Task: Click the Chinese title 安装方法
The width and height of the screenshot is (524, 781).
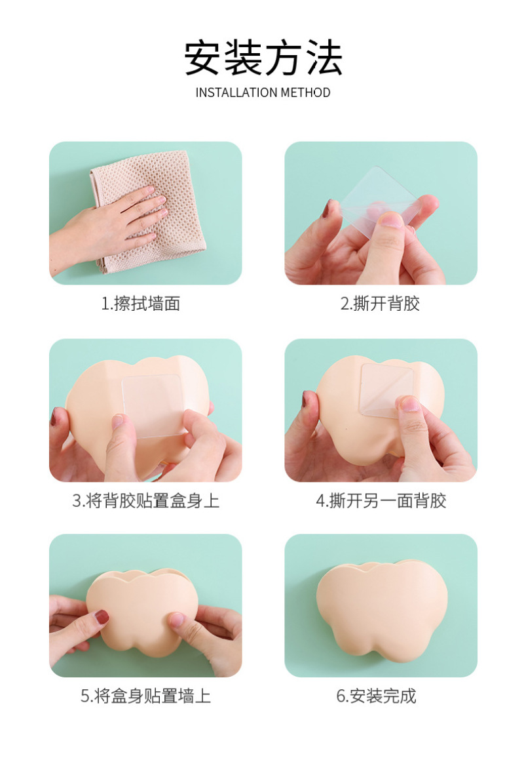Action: click(263, 58)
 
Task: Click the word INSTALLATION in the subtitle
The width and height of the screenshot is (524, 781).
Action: click(236, 92)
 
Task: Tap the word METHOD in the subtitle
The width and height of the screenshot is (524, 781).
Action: click(305, 92)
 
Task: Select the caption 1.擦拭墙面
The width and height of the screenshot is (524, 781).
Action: click(141, 304)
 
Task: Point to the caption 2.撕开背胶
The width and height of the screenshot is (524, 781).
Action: click(380, 304)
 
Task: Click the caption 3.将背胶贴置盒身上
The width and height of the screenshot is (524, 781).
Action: click(146, 500)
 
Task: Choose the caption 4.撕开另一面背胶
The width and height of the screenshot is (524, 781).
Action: click(381, 500)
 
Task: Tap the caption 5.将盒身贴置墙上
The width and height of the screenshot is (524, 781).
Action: click(146, 696)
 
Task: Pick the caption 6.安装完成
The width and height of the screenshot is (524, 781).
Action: click(376, 696)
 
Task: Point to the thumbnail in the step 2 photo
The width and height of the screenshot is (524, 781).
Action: click(389, 220)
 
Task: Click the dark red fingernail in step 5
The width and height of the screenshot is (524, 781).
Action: click(102, 617)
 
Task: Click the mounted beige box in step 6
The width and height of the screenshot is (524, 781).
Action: click(382, 610)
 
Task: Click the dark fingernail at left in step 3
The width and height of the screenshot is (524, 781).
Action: click(54, 415)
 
